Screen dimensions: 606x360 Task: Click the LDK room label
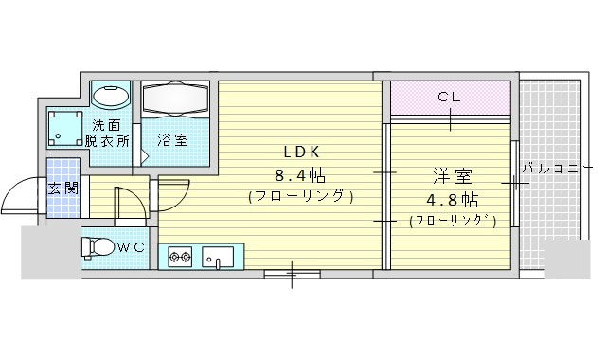(x=301, y=153)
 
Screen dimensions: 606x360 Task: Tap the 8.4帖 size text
(x=300, y=176)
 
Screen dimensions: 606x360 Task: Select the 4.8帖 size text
(x=453, y=200)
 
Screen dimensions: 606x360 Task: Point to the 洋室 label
(x=453, y=176)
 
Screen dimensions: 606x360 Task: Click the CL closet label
(x=449, y=97)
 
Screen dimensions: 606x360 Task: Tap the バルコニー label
(x=557, y=169)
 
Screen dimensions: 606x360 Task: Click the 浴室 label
(x=172, y=140)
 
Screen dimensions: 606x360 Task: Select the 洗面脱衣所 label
(x=107, y=134)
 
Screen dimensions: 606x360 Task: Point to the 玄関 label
(x=63, y=189)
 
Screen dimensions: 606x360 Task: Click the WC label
(x=131, y=247)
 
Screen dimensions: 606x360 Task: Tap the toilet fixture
(x=98, y=246)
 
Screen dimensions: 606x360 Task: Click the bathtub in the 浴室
(x=175, y=99)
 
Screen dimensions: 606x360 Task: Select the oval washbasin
(x=112, y=96)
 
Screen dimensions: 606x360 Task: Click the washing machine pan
(x=65, y=129)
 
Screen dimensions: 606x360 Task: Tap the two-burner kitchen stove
(x=181, y=256)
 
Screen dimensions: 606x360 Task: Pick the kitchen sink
(x=218, y=257)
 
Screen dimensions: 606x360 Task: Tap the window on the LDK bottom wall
(x=293, y=275)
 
